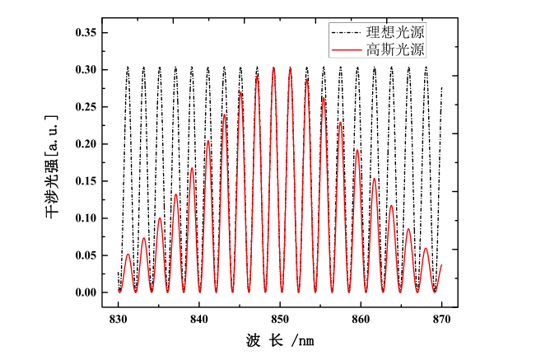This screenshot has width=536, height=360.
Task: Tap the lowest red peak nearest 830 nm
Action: [128, 255]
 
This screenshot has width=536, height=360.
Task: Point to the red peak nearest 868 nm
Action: [426, 248]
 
